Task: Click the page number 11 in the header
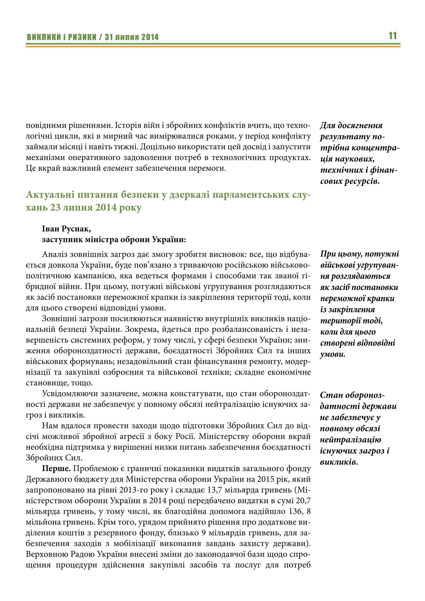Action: [393, 36]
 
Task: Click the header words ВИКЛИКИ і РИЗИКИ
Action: [62, 37]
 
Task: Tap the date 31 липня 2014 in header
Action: [132, 37]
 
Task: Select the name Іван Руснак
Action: [66, 229]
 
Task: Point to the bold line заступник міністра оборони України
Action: [114, 239]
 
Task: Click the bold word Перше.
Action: [56, 468]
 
